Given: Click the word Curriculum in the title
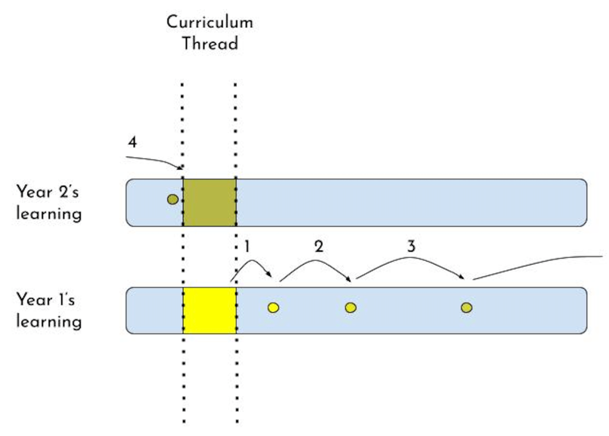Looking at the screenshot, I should (x=209, y=23).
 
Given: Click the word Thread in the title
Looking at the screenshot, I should (x=210, y=43).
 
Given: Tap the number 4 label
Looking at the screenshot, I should (x=132, y=144).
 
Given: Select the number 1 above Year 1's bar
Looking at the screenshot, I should (x=246, y=245).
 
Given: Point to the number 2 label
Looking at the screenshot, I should (x=318, y=245).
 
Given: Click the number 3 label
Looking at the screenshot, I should (x=411, y=245).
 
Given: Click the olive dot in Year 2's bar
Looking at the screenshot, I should (x=173, y=200).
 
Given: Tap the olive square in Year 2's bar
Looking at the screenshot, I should (x=209, y=203).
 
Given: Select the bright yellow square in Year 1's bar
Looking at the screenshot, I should (x=209, y=310).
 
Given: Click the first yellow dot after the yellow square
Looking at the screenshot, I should (x=273, y=308).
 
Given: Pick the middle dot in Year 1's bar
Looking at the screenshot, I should (x=351, y=308).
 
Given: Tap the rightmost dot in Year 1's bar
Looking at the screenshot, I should (x=467, y=308).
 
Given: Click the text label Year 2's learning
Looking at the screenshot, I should (x=49, y=203).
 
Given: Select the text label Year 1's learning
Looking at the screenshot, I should (x=49, y=310).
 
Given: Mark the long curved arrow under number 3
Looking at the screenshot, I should (x=411, y=259).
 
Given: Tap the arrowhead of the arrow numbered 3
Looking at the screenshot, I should (x=462, y=276).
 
